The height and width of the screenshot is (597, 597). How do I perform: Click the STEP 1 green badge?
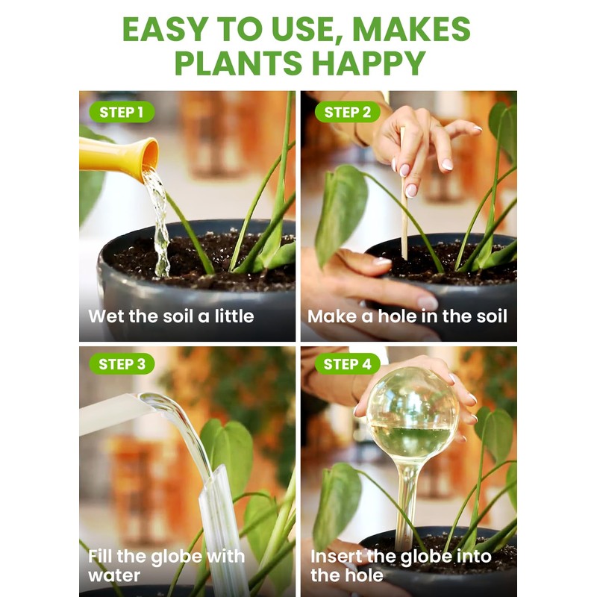(x=122, y=113)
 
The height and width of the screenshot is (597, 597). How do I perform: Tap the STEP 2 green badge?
(x=347, y=113)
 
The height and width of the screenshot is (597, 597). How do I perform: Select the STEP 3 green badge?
(x=122, y=364)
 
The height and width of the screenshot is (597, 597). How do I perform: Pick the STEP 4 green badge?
(x=347, y=364)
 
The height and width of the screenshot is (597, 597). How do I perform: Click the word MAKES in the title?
(x=411, y=29)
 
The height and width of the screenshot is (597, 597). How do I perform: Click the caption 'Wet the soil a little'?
(x=171, y=316)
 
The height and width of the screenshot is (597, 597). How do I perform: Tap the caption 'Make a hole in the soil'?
(x=407, y=316)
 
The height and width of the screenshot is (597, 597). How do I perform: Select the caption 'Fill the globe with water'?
(x=166, y=566)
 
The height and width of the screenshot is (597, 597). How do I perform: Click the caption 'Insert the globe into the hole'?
(x=401, y=566)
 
